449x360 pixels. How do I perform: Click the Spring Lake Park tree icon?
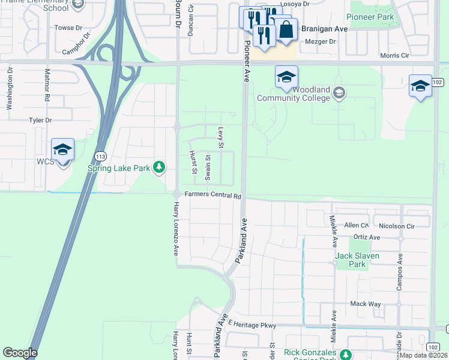pyautogui.click(x=159, y=167)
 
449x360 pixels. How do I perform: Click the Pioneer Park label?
pyautogui.click(x=372, y=17)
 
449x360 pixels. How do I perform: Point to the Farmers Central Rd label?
pyautogui.click(x=212, y=195)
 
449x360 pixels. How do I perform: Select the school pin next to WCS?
pyautogui.click(x=62, y=149)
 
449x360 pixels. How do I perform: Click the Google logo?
pyautogui.click(x=20, y=353)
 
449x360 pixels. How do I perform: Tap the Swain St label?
pyautogui.click(x=208, y=167)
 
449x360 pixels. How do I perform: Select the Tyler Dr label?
pyautogui.click(x=41, y=120)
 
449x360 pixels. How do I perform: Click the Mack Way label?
pyautogui.click(x=366, y=304)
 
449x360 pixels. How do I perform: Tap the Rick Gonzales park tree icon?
pyautogui.click(x=345, y=354)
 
